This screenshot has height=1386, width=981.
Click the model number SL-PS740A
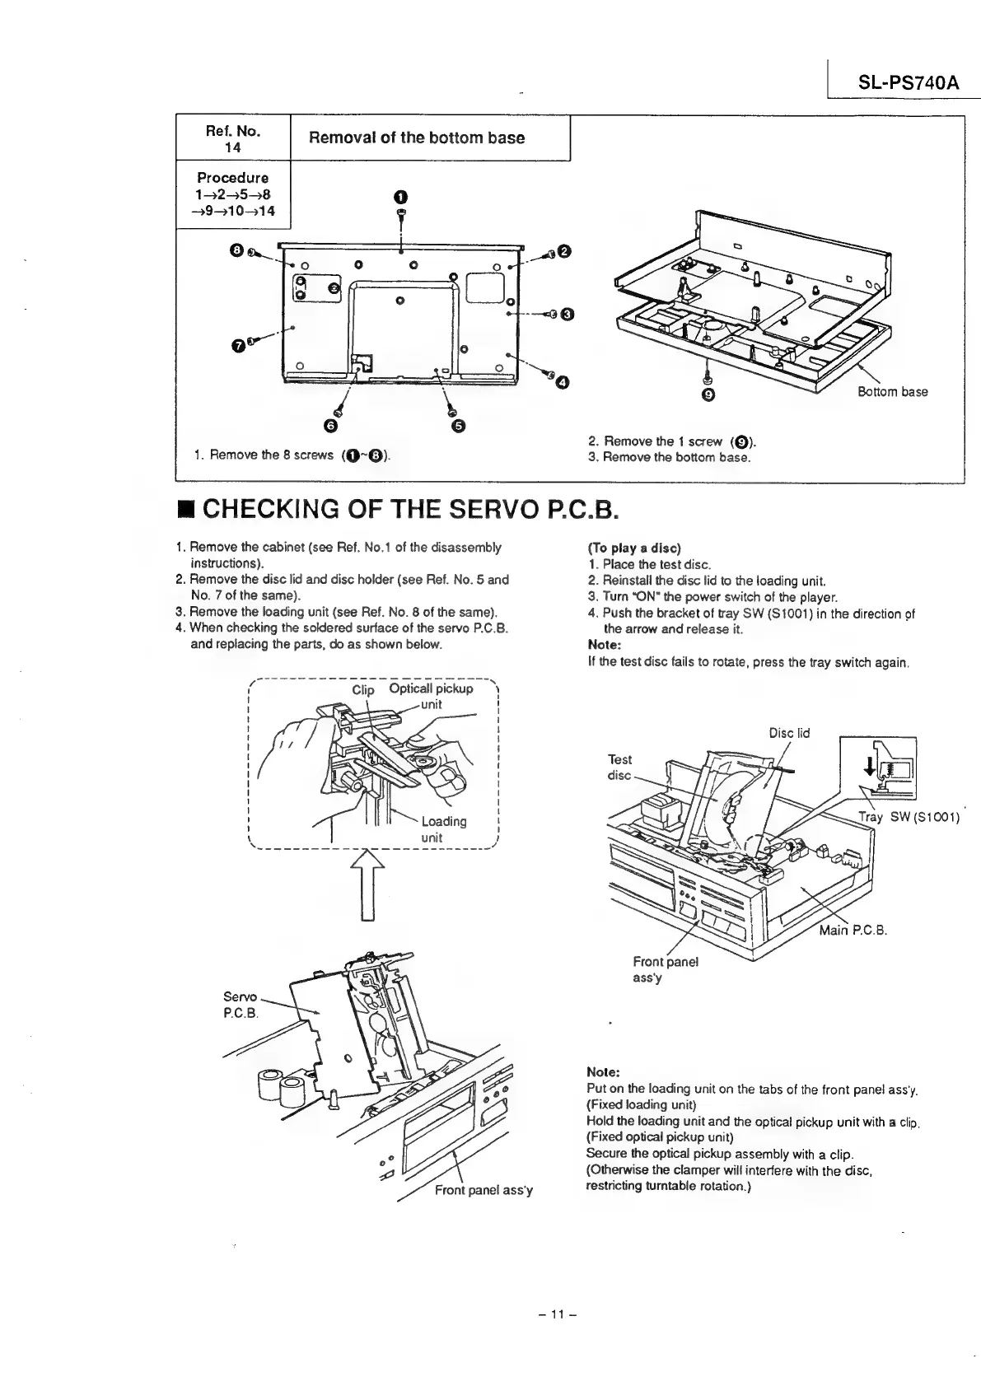point(897,83)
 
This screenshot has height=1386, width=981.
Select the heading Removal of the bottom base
point(416,138)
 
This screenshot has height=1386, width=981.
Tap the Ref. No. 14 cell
point(233,138)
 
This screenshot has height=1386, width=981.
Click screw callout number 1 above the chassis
point(399,197)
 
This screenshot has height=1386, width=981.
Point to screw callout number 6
point(331,425)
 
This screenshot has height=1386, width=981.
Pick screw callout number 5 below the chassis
point(459,425)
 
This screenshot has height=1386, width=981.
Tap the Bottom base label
point(892,392)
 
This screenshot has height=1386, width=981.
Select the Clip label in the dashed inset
point(363,690)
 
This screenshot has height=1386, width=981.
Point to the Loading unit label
point(443,829)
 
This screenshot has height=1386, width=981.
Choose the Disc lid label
point(789,733)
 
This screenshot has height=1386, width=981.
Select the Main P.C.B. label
point(853,931)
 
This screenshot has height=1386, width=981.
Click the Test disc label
point(619,768)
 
